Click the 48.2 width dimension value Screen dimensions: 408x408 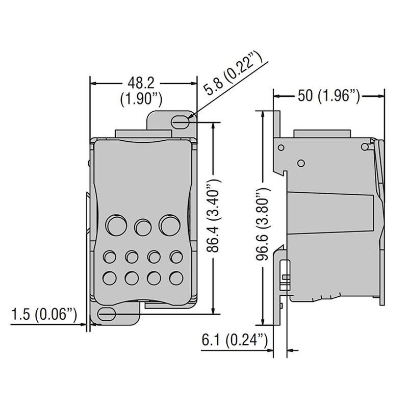(x=141, y=83)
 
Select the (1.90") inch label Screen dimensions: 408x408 (x=141, y=99)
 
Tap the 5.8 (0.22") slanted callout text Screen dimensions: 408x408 (x=232, y=73)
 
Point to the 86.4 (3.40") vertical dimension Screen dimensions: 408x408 (x=213, y=216)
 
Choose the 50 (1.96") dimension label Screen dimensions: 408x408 (x=329, y=96)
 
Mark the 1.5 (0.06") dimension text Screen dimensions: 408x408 (x=44, y=314)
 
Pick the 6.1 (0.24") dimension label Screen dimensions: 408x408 (x=235, y=340)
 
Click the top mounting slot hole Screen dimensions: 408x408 (x=180, y=122)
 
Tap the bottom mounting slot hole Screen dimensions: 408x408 (x=107, y=314)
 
